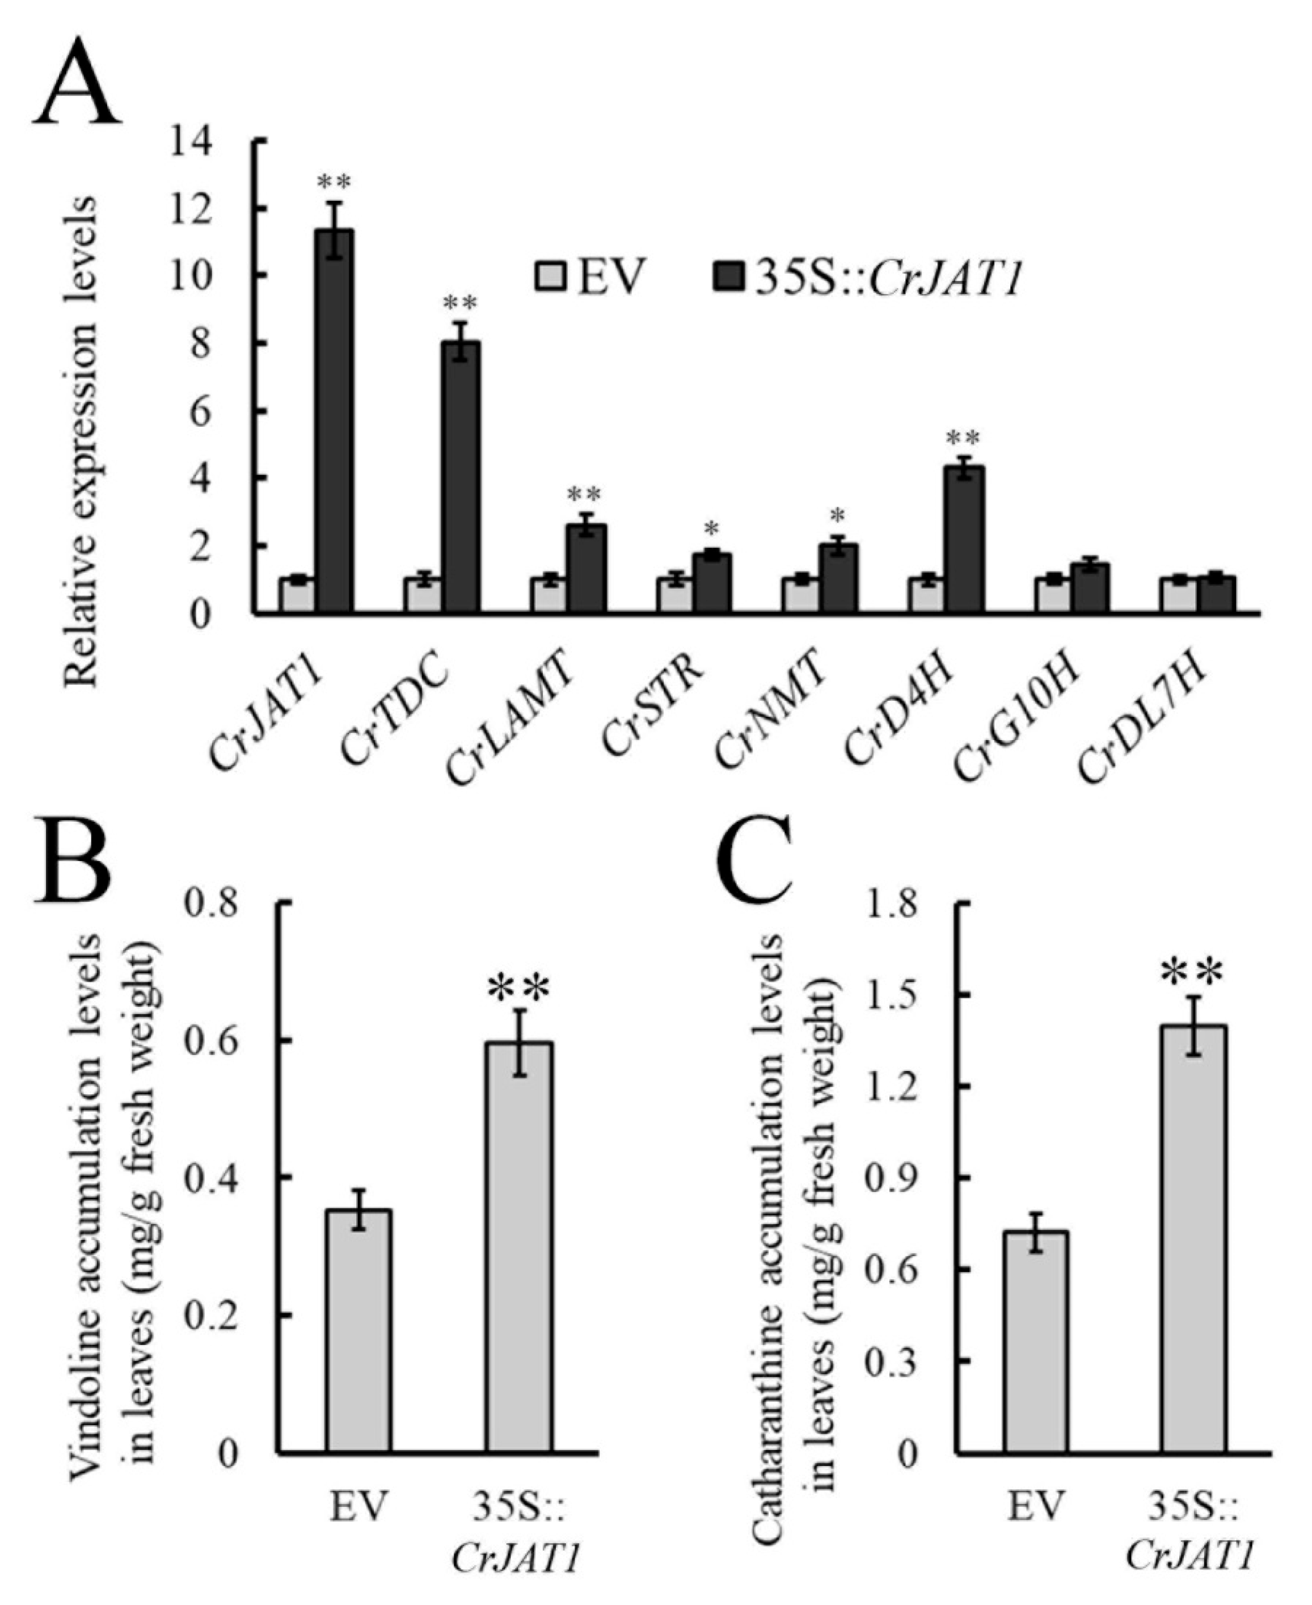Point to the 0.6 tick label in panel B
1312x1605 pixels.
tap(219, 1043)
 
